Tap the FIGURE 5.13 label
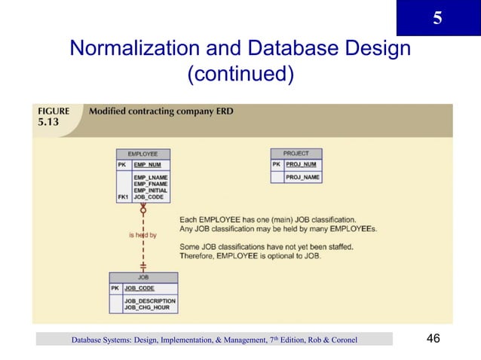pos(54,116)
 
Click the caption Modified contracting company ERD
pos(161,111)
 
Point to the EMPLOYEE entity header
pos(142,154)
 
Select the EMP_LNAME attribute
pos(150,177)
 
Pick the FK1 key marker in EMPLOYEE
pos(122,197)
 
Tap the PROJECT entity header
pos(296,154)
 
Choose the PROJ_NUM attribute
pos(302,164)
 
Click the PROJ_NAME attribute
pos(302,177)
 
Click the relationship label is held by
pos(142,235)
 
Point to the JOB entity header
pos(143,276)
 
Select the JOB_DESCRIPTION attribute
pos(150,300)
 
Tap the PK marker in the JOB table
pos(115,287)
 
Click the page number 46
pos(433,339)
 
